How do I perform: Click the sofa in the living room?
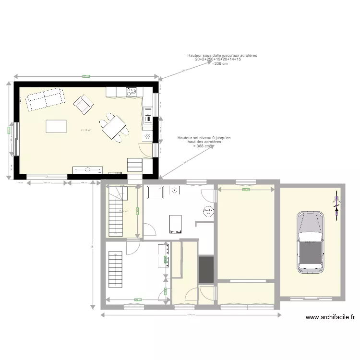point(45,99)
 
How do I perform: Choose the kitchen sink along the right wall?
point(148,116)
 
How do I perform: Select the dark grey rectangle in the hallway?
point(206,270)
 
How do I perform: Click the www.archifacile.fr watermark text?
point(330,317)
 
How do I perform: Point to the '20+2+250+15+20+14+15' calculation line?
point(222,60)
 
